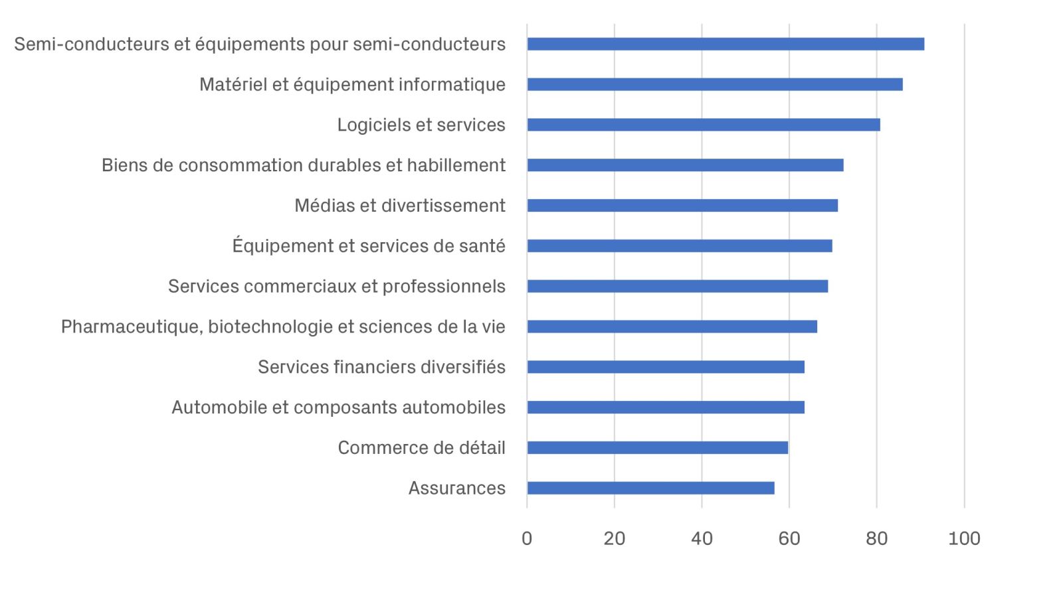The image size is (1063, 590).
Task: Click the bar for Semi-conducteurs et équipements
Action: (x=725, y=44)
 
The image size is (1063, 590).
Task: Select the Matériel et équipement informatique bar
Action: (x=715, y=84)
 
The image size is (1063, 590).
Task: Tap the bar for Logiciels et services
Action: (x=704, y=125)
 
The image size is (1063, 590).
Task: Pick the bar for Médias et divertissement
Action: (x=682, y=206)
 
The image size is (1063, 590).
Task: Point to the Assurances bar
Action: (x=650, y=488)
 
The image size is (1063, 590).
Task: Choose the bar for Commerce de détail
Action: (x=657, y=448)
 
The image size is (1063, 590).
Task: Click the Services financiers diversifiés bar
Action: (x=666, y=367)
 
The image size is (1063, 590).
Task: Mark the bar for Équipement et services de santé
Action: (x=680, y=246)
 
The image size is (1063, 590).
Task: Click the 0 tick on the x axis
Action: (x=527, y=538)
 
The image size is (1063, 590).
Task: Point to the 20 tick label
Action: (x=615, y=538)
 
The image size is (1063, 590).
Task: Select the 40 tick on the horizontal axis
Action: (x=702, y=538)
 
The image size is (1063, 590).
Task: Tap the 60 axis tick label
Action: (x=789, y=538)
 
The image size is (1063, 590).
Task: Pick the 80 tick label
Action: (x=877, y=538)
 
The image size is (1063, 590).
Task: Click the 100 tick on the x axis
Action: (x=964, y=538)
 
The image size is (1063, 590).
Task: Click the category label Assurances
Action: (x=457, y=488)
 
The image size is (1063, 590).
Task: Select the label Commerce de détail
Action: (x=422, y=448)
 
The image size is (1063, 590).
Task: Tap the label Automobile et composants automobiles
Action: (x=339, y=407)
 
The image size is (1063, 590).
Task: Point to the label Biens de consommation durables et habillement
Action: (x=304, y=165)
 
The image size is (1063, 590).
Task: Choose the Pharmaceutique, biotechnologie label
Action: (x=283, y=327)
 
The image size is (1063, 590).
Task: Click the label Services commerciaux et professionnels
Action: (x=337, y=286)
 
